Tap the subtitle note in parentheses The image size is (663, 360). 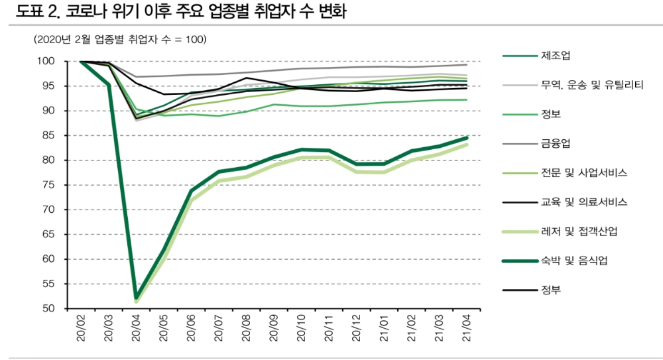(120, 39)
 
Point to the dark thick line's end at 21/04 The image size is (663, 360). (467, 138)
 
